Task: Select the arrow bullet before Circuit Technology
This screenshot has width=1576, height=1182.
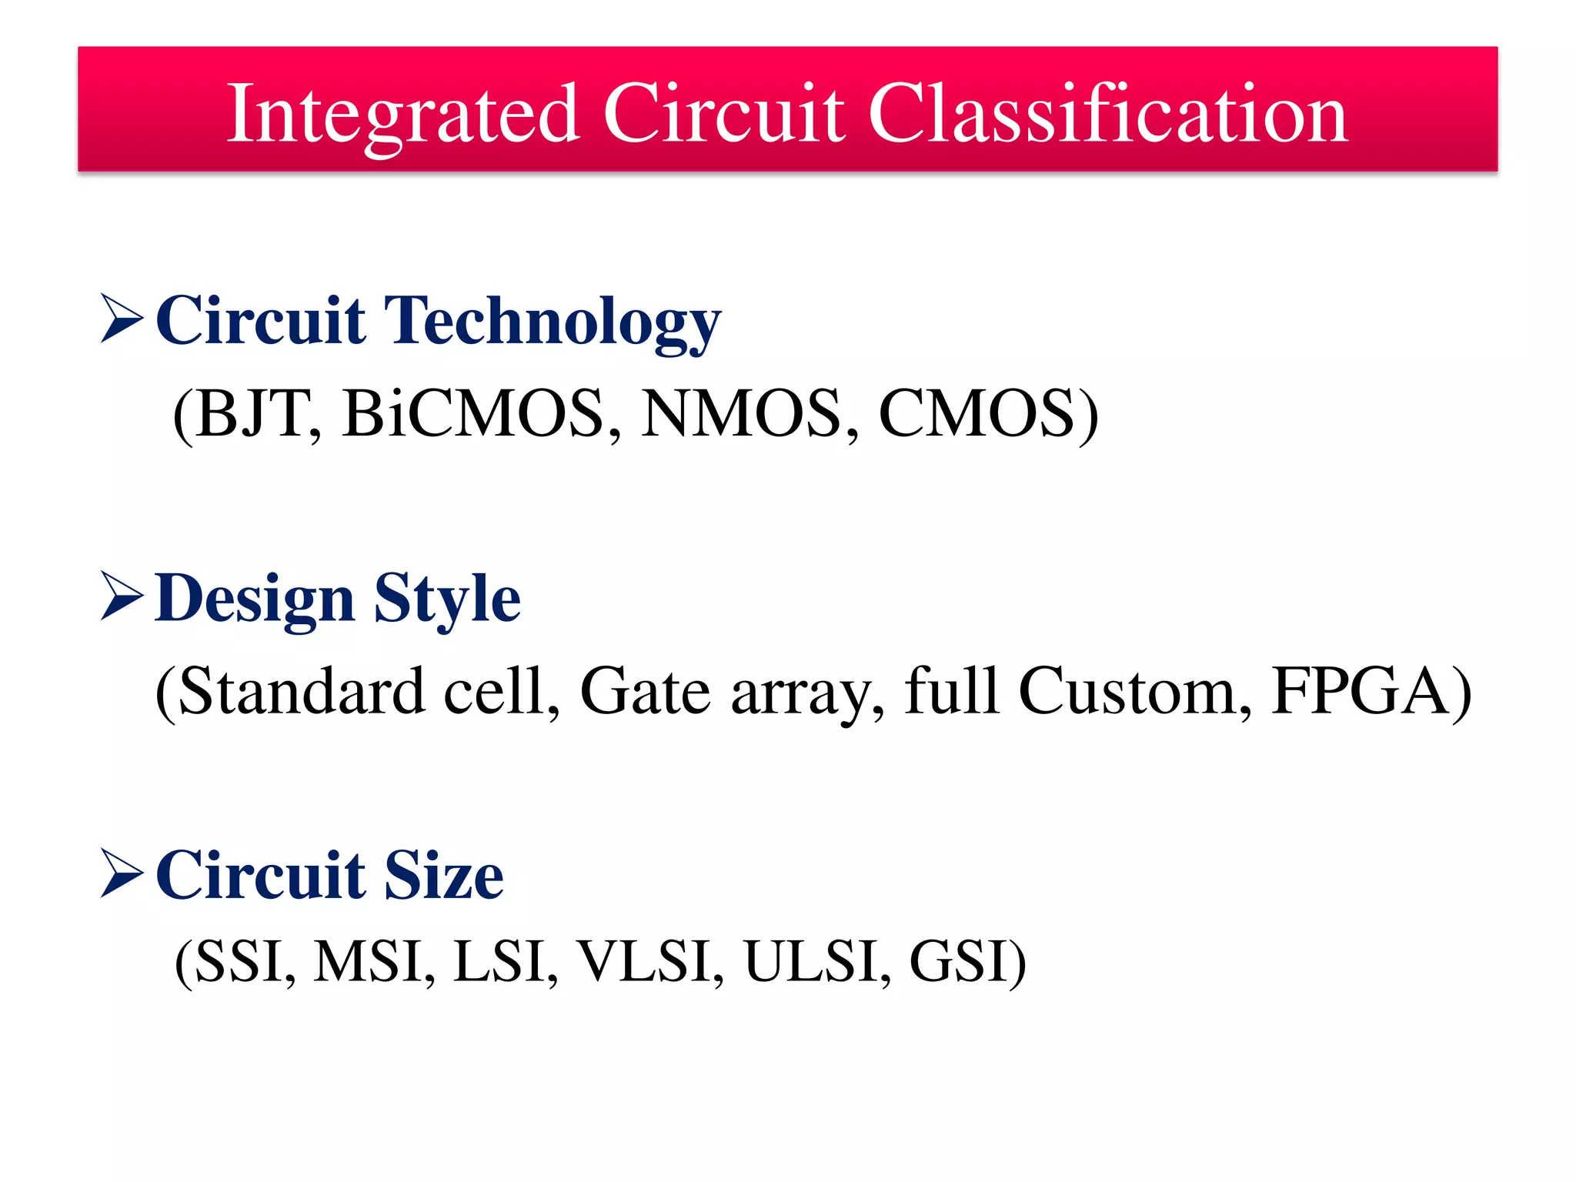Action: tap(122, 319)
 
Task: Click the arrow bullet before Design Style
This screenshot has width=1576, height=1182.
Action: tap(122, 596)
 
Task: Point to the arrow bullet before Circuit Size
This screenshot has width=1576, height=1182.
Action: tap(122, 873)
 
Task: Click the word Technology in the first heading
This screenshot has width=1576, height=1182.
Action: tap(552, 322)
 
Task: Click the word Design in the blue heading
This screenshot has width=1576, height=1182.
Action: tap(254, 599)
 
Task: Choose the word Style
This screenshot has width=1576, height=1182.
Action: tap(446, 599)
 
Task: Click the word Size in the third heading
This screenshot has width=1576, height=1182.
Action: tap(444, 876)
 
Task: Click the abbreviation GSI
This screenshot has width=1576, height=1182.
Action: tap(958, 962)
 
